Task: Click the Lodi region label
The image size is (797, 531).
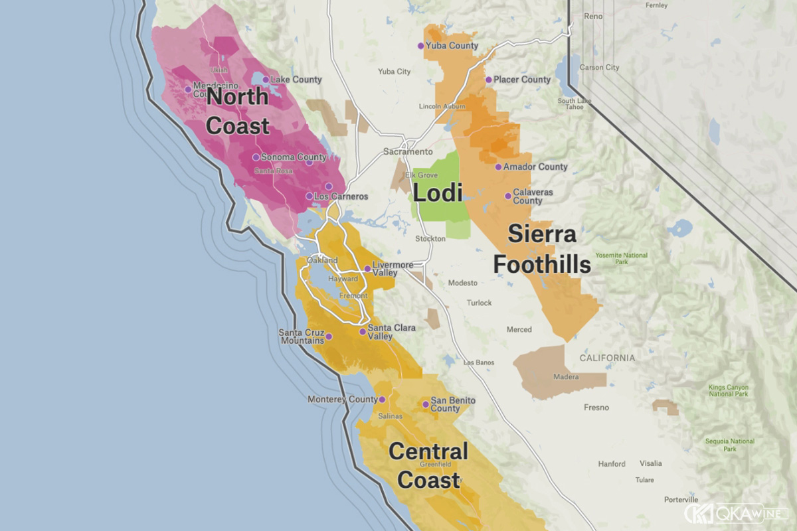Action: tap(438, 193)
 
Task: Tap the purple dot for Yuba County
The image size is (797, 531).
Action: tap(420, 46)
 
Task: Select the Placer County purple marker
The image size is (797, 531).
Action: tap(488, 80)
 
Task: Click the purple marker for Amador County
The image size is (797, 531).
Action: tap(498, 167)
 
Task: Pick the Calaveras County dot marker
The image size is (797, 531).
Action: tap(508, 196)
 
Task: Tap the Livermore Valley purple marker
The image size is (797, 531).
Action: tap(367, 269)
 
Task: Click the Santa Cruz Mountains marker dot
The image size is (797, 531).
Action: tap(329, 337)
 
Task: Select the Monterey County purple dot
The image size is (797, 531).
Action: tap(382, 400)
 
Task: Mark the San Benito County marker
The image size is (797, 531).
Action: tap(426, 404)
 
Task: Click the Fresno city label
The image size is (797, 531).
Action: tap(597, 408)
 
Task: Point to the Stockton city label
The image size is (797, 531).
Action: tap(430, 238)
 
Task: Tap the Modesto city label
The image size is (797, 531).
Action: tap(462, 283)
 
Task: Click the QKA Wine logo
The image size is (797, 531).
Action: tap(735, 513)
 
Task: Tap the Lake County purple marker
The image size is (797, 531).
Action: tap(266, 80)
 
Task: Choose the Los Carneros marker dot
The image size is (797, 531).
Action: tap(309, 196)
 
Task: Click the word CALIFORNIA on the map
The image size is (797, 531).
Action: tap(607, 358)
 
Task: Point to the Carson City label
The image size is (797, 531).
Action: tap(599, 68)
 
